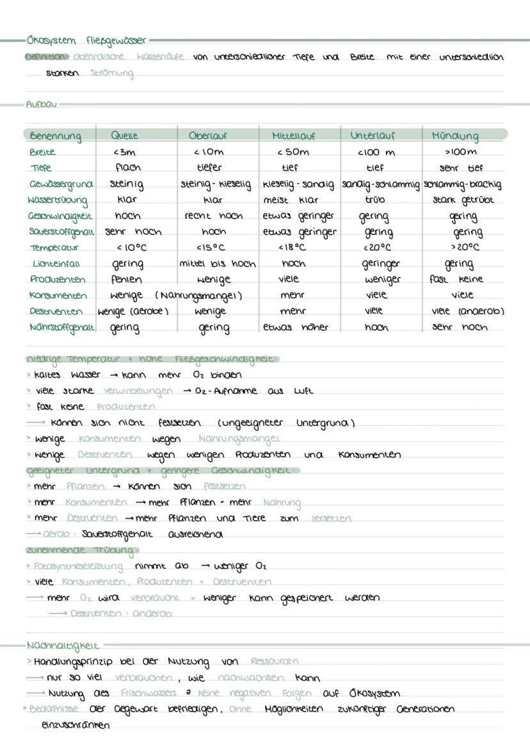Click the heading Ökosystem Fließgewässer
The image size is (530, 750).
click(x=86, y=41)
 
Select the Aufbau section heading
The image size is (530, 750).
click(x=41, y=104)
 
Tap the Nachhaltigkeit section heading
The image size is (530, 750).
click(x=63, y=645)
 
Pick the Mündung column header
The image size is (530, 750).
click(x=454, y=136)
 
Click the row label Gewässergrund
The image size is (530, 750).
click(x=60, y=184)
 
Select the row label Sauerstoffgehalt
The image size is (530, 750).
click(x=61, y=231)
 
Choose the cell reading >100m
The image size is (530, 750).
click(x=461, y=152)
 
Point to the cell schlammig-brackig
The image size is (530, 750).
click(x=462, y=184)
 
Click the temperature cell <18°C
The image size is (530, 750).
click(x=293, y=247)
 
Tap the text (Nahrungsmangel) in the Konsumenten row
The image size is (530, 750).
click(x=198, y=295)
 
